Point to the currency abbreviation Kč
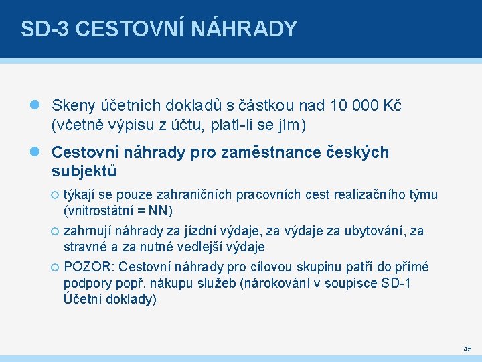(391, 106)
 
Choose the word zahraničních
(193, 195)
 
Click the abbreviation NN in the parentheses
(160, 211)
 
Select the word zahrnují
(88, 231)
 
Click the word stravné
(84, 247)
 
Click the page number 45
(467, 349)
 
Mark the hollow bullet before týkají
(55, 195)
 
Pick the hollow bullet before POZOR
(55, 267)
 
